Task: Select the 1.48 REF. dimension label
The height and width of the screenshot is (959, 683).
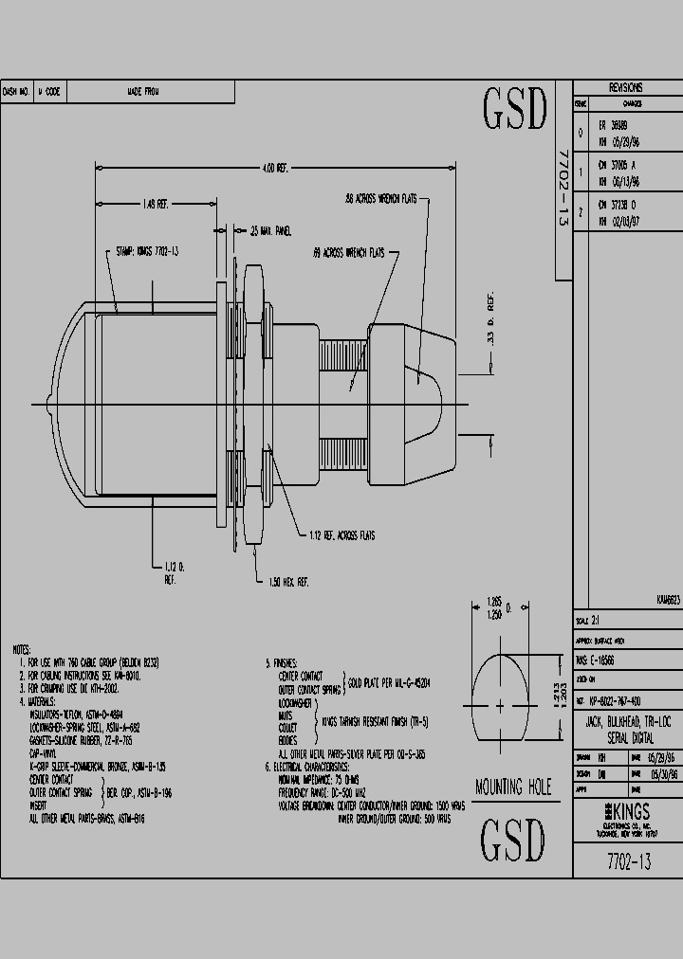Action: point(155,204)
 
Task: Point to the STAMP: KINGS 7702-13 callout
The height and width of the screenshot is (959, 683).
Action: point(147,252)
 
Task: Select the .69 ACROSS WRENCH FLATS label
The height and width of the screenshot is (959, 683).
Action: point(348,254)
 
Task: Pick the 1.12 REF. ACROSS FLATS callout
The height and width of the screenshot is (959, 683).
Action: point(341,535)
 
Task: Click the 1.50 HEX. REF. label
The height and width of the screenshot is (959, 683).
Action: point(289,581)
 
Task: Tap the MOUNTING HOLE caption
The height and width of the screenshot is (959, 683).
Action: point(511,787)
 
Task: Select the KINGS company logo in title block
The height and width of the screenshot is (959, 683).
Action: point(620,811)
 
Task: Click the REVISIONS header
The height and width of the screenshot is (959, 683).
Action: point(626,86)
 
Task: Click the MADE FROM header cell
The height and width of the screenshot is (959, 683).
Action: point(142,92)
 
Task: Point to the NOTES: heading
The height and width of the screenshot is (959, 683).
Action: point(21,650)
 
